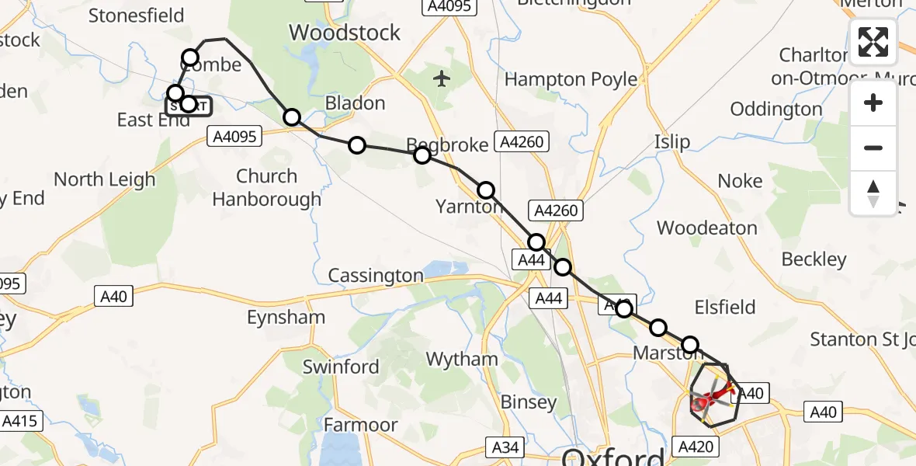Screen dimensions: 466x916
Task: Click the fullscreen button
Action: point(873,42)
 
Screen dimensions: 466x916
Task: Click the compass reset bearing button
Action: point(873,193)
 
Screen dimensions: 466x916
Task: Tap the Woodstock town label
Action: point(345,33)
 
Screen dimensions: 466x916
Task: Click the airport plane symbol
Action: point(442,78)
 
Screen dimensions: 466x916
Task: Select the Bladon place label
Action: point(355,103)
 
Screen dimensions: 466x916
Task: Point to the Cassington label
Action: point(376,276)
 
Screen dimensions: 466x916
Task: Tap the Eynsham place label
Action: point(286,317)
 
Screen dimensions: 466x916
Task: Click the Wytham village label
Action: point(463,359)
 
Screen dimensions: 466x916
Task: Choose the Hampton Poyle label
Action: point(571,79)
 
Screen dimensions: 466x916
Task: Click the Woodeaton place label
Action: point(706,228)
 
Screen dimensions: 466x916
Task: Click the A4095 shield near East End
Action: point(234,137)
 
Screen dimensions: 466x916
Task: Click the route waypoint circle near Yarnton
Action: point(485,190)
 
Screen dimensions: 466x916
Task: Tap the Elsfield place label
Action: point(726,308)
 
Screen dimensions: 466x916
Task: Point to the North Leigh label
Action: point(105,179)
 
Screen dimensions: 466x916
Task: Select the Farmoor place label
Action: point(360,425)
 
